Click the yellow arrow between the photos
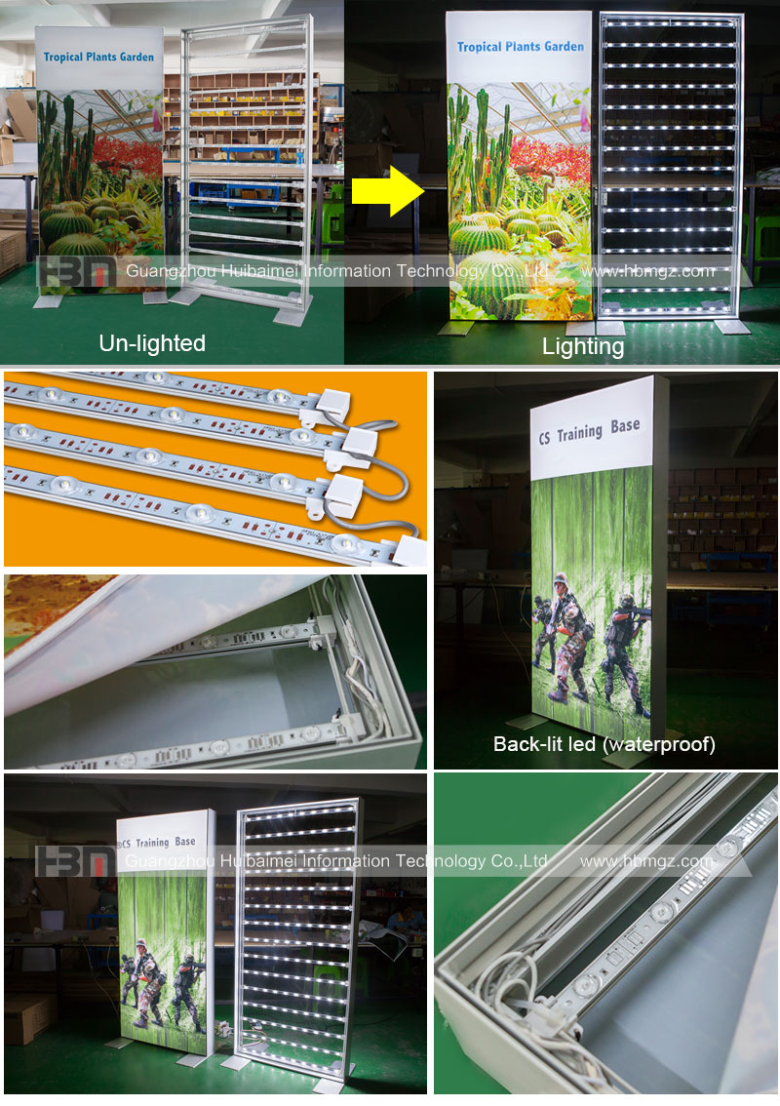point(388,191)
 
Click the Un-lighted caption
point(152,342)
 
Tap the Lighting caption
point(583,346)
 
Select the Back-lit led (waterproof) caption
point(604,744)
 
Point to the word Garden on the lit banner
point(564,47)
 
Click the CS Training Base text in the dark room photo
point(590,431)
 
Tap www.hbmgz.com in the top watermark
point(648,271)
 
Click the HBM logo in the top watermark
point(76,271)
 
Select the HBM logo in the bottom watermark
point(75,861)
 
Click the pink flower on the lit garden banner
point(585,118)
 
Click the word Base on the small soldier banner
point(185,842)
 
